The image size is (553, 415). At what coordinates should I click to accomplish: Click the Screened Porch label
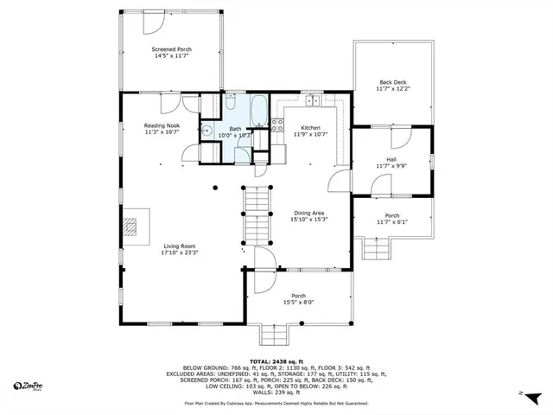click(x=171, y=50)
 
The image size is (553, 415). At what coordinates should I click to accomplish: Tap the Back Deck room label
click(x=391, y=83)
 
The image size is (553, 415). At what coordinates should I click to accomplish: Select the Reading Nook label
click(x=161, y=126)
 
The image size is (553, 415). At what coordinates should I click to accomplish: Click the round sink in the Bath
click(x=207, y=131)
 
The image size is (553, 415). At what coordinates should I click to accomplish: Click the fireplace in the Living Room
click(x=130, y=226)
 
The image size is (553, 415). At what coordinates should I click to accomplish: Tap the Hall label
click(x=391, y=159)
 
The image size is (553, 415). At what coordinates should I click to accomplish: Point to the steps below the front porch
click(x=279, y=333)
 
